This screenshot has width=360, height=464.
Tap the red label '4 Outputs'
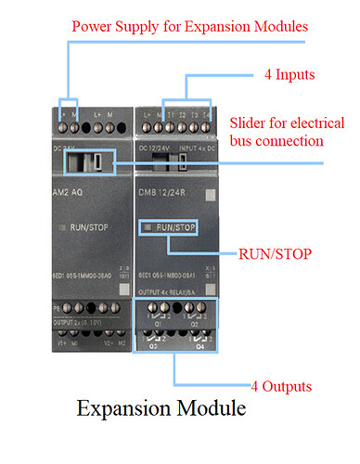(x=281, y=385)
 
